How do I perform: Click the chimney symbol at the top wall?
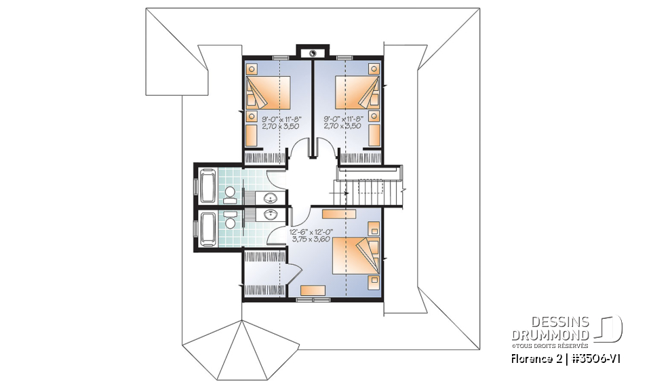(313, 52)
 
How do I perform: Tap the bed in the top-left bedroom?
(267, 94)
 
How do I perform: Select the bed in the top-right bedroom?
(356, 94)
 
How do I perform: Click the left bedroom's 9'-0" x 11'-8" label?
(281, 118)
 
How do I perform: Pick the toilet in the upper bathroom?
(229, 193)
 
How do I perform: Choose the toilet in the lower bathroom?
(231, 221)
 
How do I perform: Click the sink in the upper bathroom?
(271, 198)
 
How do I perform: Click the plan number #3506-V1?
(595, 358)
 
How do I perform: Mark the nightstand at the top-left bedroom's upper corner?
(251, 69)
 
